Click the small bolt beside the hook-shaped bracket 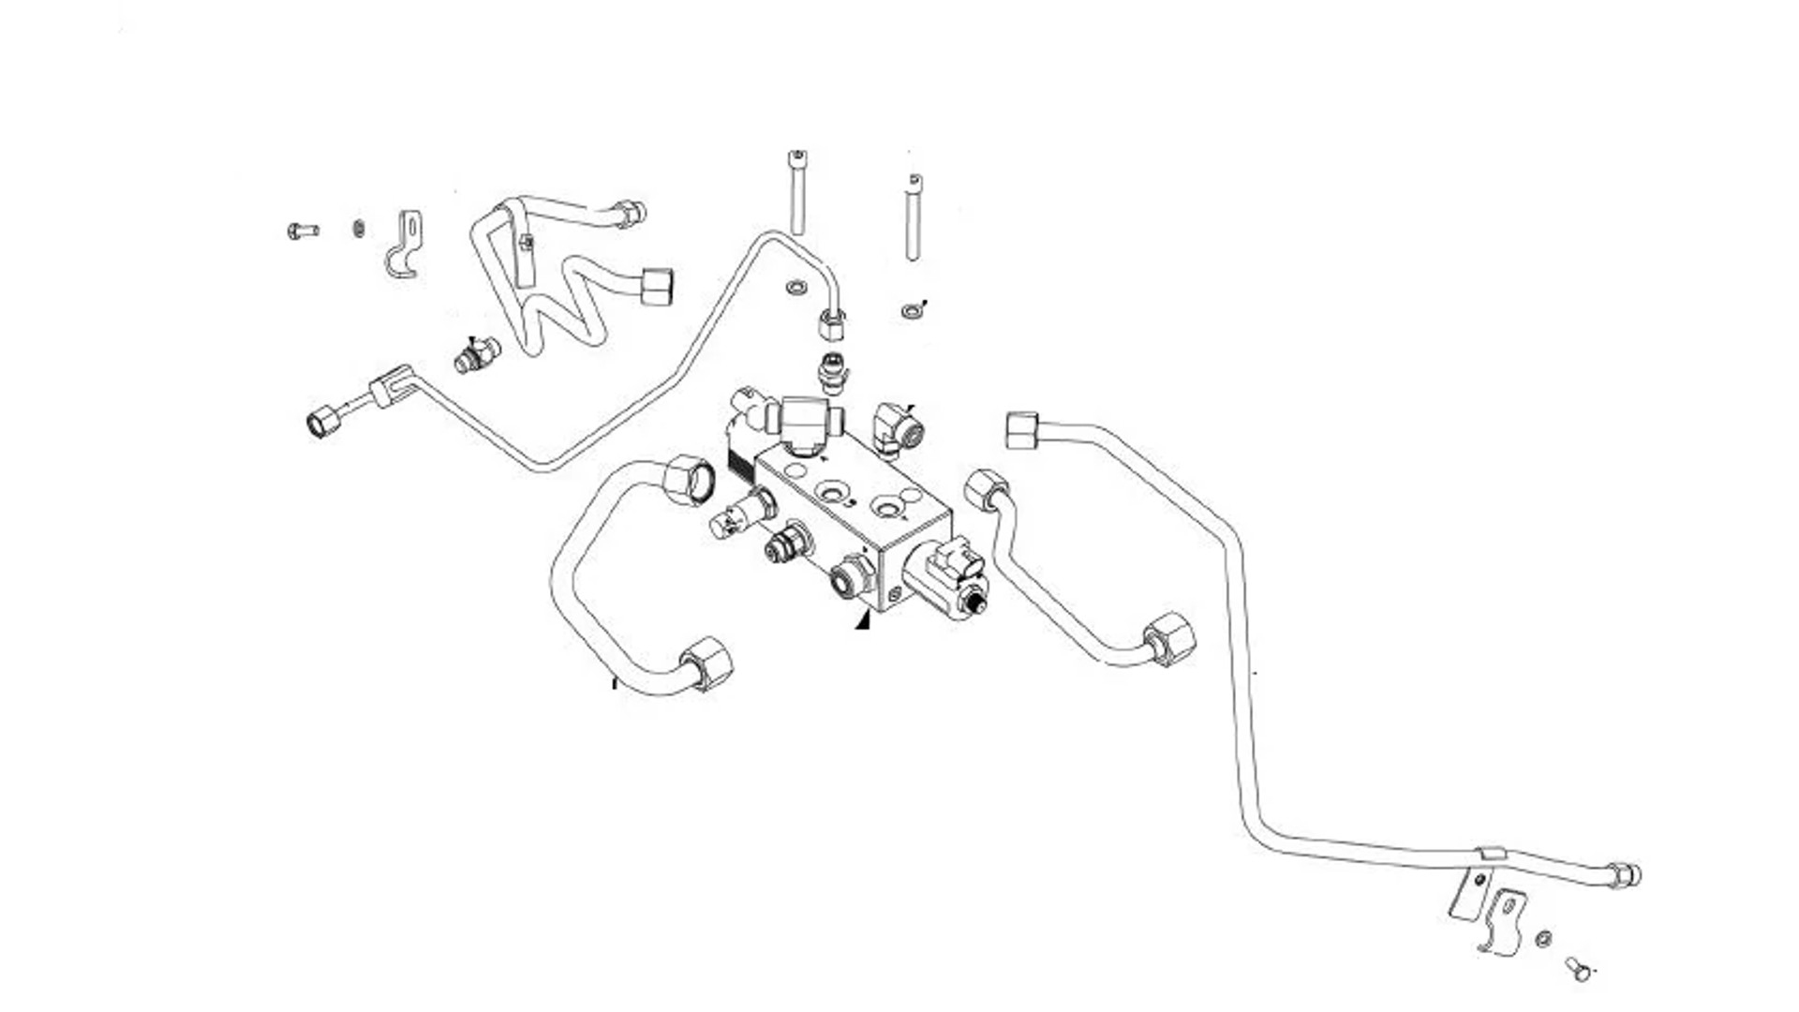[x=302, y=231]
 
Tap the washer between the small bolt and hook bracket [x=358, y=229]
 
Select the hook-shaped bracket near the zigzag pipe [x=405, y=246]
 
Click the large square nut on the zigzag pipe [x=657, y=287]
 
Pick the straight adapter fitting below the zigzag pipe [x=477, y=355]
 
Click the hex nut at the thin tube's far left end [x=323, y=421]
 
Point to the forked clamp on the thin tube [x=391, y=386]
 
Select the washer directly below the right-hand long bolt [x=910, y=310]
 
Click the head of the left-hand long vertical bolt [x=797, y=156]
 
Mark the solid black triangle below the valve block [x=863, y=620]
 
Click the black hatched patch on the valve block [x=741, y=460]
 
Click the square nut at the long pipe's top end [x=1021, y=430]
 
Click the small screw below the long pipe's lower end [x=1579, y=969]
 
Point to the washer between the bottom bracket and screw [x=1543, y=938]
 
